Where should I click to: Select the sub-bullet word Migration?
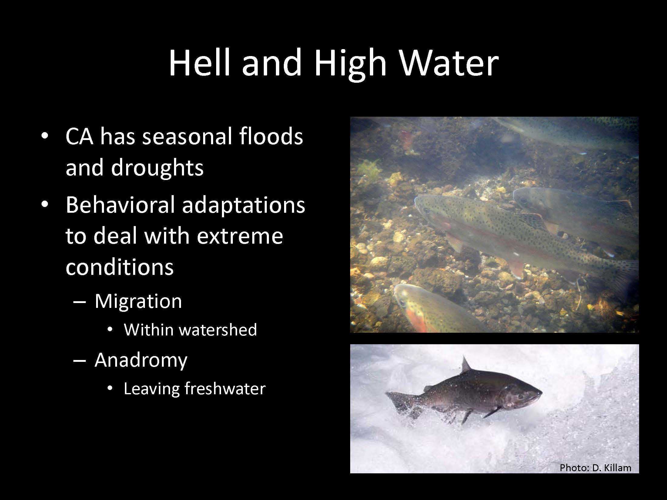138,301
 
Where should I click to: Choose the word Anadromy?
141,361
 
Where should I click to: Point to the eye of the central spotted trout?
426,210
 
